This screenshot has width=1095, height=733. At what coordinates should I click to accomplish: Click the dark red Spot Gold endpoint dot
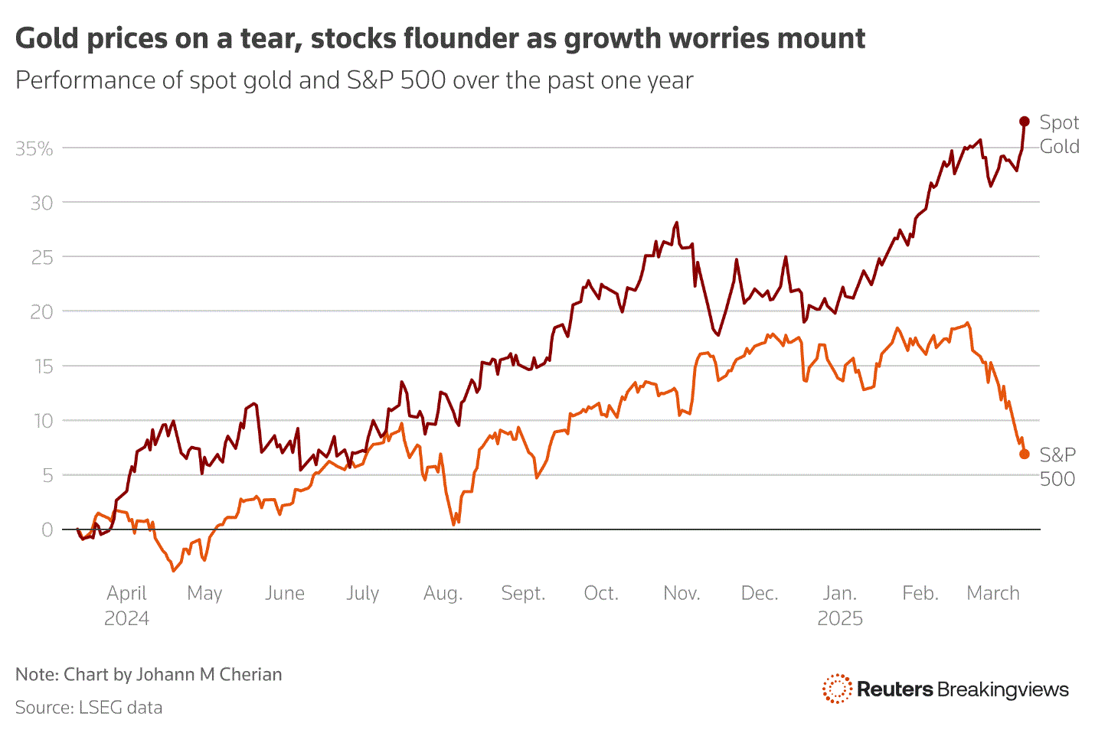tap(1025, 122)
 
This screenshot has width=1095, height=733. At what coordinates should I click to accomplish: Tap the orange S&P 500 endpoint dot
tap(1025, 454)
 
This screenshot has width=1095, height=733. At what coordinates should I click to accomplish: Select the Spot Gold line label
tap(1059, 135)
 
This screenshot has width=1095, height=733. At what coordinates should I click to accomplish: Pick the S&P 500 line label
tap(1057, 467)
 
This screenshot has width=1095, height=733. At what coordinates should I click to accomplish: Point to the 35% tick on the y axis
tap(34, 148)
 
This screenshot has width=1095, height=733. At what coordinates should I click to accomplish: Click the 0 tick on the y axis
tap(47, 529)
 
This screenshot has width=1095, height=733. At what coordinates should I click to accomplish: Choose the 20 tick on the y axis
tap(42, 311)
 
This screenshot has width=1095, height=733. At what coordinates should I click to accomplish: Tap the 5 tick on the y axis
tap(47, 475)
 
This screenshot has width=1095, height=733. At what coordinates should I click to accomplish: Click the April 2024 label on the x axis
tap(126, 605)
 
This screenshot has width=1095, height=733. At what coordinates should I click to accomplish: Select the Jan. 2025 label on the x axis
tap(840, 605)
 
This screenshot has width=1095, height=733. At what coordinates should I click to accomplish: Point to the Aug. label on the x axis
tap(443, 593)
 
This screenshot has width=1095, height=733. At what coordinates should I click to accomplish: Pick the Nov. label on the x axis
tap(682, 593)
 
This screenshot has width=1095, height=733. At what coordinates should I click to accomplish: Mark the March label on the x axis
tap(993, 593)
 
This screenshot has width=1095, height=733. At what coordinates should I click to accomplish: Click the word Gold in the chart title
tap(48, 38)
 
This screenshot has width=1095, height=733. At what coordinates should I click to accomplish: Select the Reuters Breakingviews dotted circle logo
tap(837, 689)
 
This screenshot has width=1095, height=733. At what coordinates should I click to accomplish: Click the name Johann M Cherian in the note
tap(209, 674)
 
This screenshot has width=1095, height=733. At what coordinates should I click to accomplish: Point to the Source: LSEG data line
tap(89, 707)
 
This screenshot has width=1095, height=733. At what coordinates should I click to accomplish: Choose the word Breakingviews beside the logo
tap(1003, 689)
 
